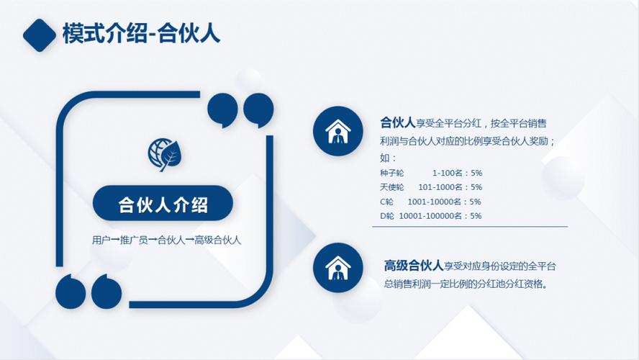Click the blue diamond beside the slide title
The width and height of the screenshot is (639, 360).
40,35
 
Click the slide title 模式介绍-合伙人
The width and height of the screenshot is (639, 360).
141,34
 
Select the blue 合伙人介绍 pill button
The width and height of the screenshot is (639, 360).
163,204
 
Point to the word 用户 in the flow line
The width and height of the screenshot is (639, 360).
101,240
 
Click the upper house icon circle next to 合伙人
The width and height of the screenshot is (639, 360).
337,130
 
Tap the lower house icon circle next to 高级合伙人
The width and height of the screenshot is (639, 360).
337,268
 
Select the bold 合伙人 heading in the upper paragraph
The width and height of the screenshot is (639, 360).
398,122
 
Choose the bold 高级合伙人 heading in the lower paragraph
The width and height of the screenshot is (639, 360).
413,266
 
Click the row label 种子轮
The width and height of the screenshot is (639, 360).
392,174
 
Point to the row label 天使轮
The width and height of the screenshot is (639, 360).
392,187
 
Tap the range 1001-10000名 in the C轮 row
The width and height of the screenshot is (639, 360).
436,202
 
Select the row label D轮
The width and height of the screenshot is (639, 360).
387,216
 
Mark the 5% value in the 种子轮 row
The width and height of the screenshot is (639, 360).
476,174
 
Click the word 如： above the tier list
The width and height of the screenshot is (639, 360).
388,158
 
